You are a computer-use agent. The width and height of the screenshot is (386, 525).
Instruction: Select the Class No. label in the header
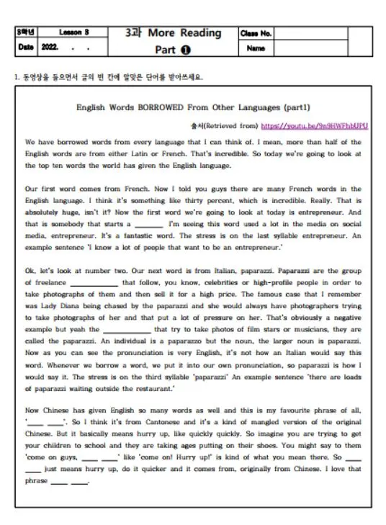click(x=256, y=33)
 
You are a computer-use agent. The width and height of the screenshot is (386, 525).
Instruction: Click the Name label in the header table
click(x=256, y=49)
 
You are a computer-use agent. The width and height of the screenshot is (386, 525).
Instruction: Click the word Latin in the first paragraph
click(x=134, y=154)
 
